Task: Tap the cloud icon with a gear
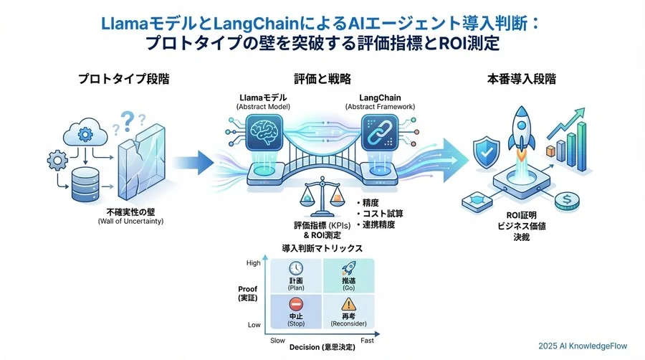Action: (85, 133)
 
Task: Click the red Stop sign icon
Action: (295, 305)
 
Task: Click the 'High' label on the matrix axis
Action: (253, 262)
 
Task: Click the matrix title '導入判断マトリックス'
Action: (321, 247)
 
